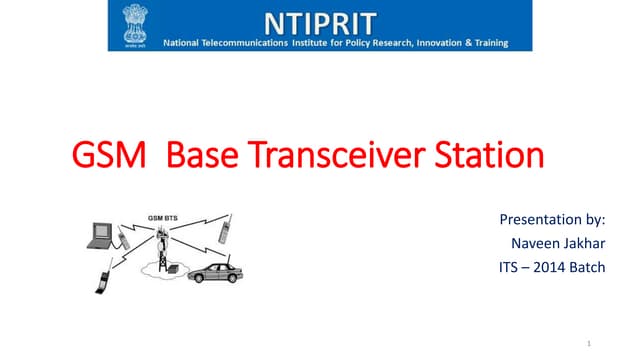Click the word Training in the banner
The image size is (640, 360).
486,43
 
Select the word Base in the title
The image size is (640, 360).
200,158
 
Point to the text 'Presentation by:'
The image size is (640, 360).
551,219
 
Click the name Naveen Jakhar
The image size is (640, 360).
557,243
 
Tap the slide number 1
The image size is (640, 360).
591,343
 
